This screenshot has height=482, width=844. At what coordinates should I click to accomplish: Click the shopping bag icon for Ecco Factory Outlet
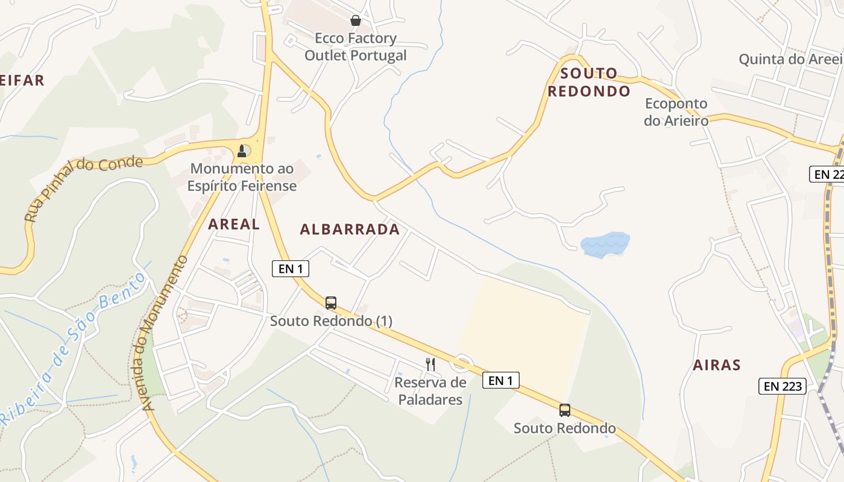point(356,20)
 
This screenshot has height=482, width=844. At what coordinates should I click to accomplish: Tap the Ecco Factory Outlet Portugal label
point(356,47)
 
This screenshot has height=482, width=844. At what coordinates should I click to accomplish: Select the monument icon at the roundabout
point(242,151)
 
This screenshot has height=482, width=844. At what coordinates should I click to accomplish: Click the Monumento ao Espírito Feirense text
point(242,177)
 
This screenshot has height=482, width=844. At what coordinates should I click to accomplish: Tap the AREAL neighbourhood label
point(234,224)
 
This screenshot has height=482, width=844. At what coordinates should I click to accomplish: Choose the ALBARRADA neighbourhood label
point(350,229)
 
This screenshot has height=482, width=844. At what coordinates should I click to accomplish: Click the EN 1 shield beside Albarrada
point(291,269)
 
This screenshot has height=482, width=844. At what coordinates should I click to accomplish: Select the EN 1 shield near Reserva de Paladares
point(500,380)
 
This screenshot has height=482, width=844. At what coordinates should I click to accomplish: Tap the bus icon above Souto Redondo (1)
point(331,302)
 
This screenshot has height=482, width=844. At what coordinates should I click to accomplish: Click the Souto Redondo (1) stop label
point(331,321)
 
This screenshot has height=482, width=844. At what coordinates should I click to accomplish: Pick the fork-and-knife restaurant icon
point(430,364)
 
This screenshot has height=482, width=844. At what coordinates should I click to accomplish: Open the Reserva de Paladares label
point(430,391)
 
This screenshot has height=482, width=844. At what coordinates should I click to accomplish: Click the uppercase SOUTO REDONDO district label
point(589,83)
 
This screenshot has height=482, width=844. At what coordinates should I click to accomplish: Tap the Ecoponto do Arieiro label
point(676,111)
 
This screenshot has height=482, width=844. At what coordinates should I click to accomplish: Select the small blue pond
point(605,245)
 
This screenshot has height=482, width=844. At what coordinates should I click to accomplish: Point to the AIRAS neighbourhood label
point(716,365)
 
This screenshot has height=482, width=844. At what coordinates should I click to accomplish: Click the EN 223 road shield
point(783,386)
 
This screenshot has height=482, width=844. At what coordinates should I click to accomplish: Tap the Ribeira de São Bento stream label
point(72,349)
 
